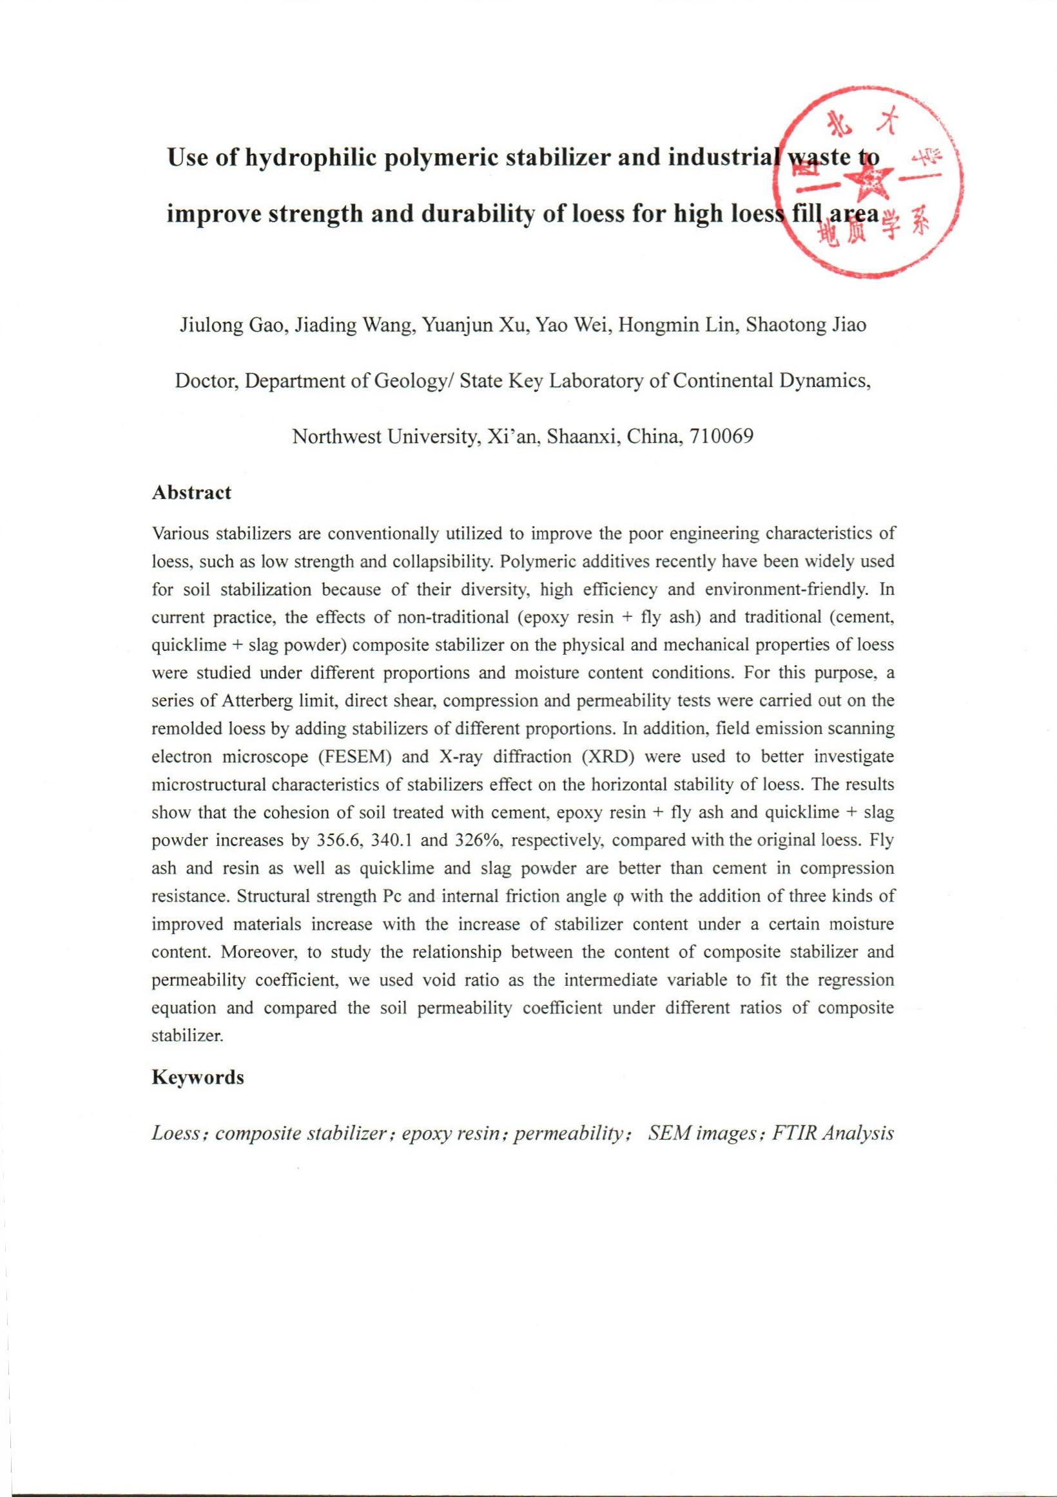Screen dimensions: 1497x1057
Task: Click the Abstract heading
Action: click(191, 493)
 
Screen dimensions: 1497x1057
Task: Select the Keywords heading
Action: click(198, 1078)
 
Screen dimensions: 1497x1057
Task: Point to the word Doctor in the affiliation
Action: click(206, 381)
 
